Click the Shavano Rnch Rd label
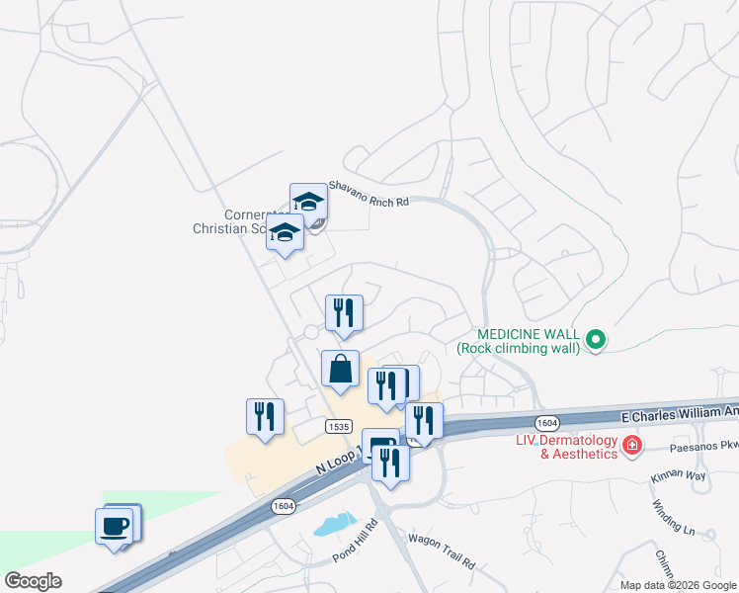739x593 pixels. [x=368, y=193]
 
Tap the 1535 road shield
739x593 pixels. [x=338, y=425]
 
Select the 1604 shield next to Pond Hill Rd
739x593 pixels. [x=283, y=506]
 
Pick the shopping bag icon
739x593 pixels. [x=340, y=369]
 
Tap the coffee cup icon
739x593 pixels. [x=115, y=524]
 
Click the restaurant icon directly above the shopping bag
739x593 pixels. [x=344, y=313]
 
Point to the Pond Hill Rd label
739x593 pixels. [x=356, y=541]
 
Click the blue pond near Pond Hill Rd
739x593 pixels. [x=334, y=524]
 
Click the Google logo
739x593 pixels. [x=33, y=581]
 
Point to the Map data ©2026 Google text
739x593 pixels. [x=677, y=585]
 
